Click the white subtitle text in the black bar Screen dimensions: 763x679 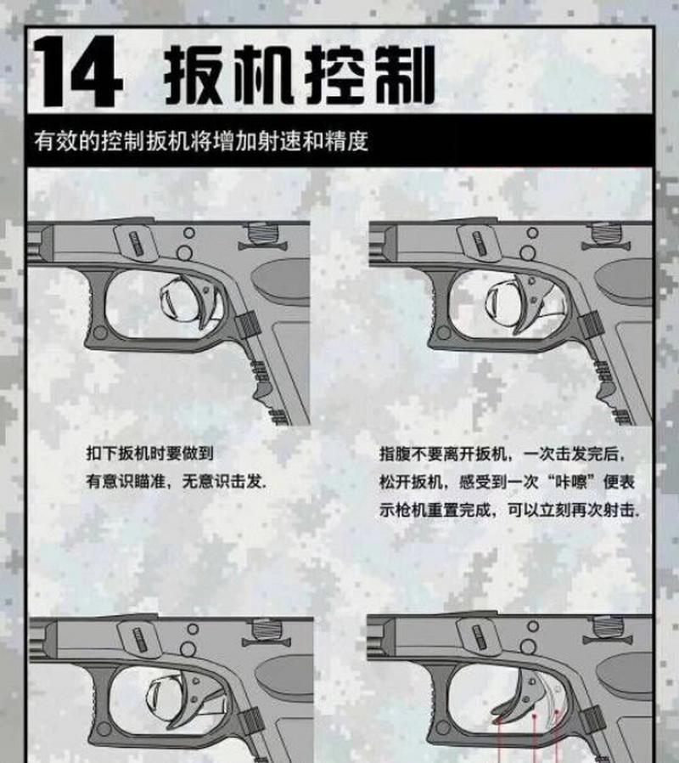[x=201, y=140]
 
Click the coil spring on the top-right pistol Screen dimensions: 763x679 [x=604, y=233]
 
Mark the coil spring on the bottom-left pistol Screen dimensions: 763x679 [x=266, y=630]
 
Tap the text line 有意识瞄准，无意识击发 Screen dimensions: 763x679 [x=176, y=481]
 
